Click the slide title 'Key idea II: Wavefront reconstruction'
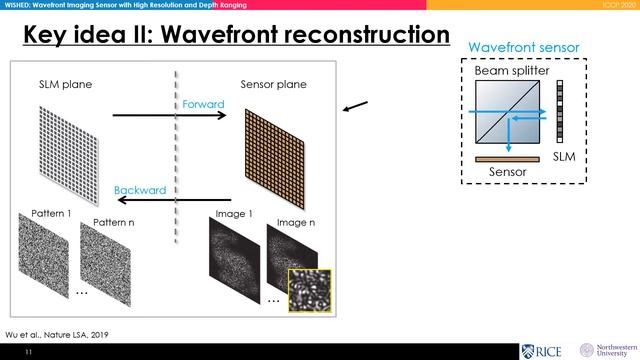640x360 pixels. pos(236,35)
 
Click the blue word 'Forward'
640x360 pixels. pos(203,103)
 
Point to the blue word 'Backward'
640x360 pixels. pos(139,189)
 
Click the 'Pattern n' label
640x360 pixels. pos(113,221)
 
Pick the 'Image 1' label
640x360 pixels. pos(235,215)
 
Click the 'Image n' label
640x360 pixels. pos(296,221)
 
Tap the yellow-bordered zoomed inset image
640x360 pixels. pos(309,290)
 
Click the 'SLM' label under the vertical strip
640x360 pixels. pos(564,158)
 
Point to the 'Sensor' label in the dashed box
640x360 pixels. pos(508,172)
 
